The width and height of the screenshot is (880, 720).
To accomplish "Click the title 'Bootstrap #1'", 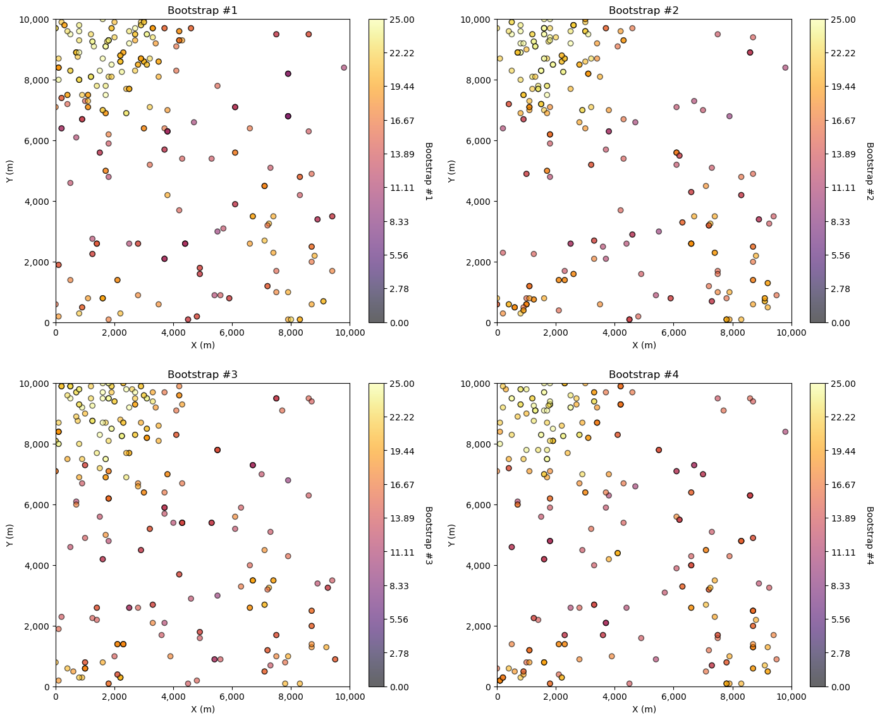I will tap(202, 10).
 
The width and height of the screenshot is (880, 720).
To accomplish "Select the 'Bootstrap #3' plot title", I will tap(202, 374).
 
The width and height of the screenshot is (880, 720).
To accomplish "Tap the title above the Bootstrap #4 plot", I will tap(644, 374).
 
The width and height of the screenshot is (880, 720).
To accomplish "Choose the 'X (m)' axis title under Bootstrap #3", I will tap(202, 709).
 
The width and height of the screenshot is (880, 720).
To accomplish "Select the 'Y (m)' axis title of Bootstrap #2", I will tap(451, 171).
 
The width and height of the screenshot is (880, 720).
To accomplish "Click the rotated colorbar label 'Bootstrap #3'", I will tap(428, 535).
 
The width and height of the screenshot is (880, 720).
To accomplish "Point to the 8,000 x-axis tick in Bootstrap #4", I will tap(733, 697).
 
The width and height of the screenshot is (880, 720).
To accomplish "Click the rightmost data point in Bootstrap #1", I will tap(344, 68).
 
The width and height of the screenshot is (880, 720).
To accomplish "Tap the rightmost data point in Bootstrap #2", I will tap(785, 68).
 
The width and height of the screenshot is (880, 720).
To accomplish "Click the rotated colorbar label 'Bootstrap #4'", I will tap(869, 535).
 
